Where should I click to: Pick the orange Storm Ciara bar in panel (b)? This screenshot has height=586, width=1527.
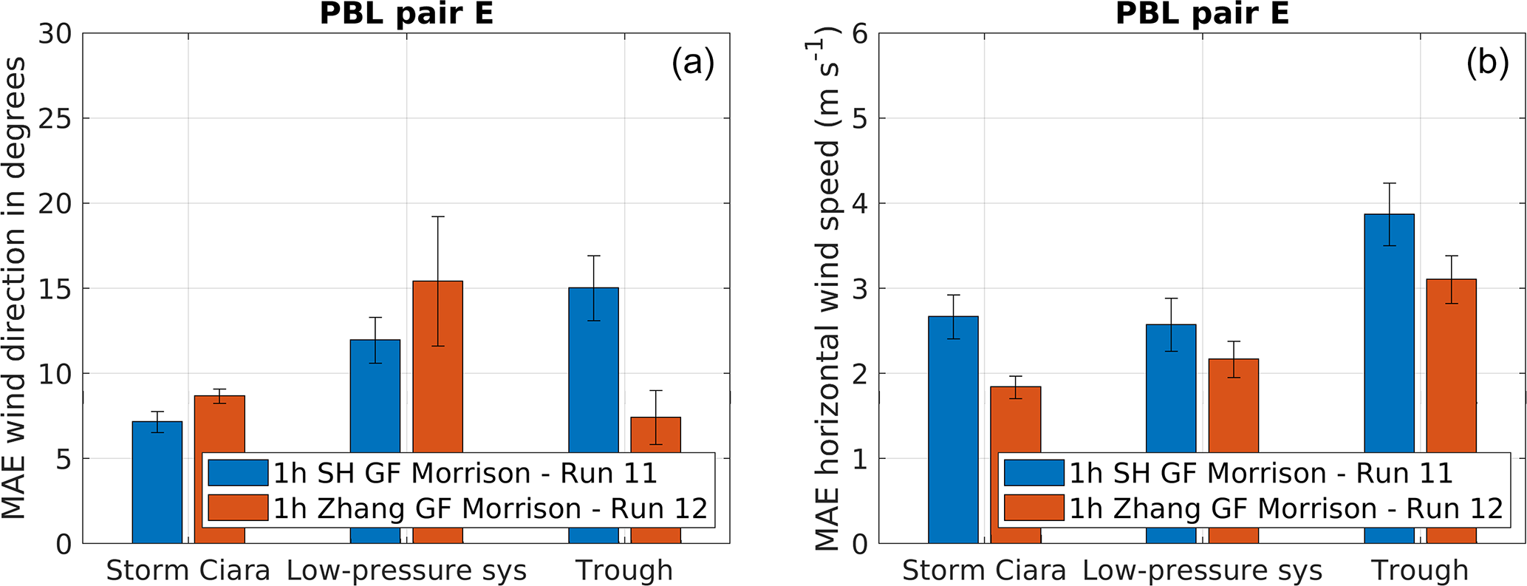click(1015, 421)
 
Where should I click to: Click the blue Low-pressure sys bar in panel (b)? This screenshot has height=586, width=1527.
click(1171, 392)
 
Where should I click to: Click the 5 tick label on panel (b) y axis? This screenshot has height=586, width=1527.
click(861, 118)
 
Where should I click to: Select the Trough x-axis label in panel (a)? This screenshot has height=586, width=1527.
click(624, 570)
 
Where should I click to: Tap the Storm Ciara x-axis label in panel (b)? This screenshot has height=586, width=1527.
click(984, 570)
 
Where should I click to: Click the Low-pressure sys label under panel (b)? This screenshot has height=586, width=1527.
click(1202, 570)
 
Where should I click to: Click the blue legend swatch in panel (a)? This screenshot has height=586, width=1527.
click(238, 473)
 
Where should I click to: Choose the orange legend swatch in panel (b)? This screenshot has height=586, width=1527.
click(1034, 508)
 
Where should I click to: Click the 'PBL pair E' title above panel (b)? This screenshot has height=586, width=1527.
click(1202, 13)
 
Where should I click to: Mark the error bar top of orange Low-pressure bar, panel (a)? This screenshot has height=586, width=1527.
click(437, 217)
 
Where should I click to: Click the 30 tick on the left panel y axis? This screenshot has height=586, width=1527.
click(56, 33)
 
